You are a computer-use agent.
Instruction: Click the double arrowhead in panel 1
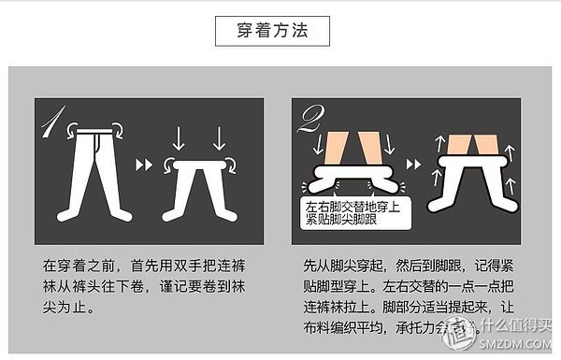pos(143,166)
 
